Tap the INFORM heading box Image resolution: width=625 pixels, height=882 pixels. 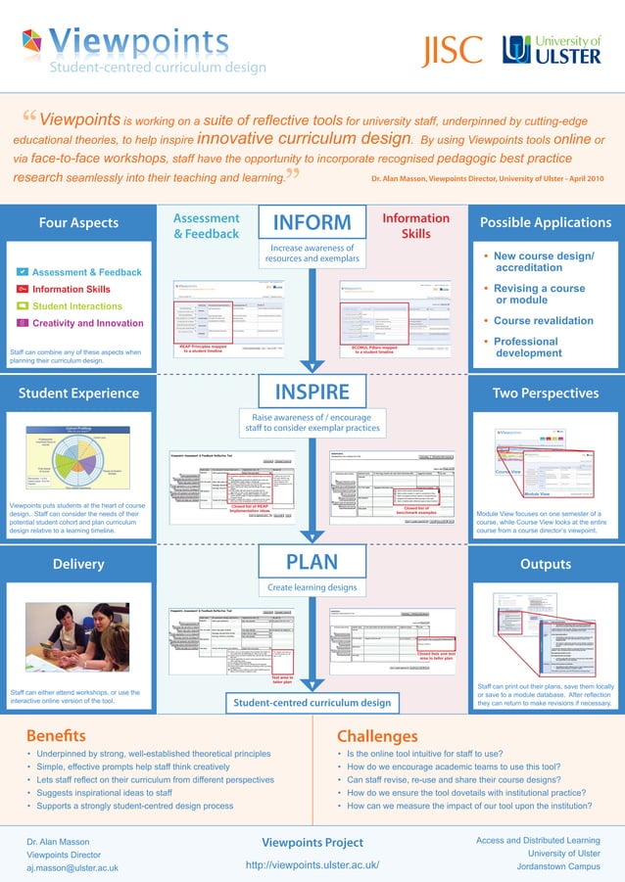click(312, 224)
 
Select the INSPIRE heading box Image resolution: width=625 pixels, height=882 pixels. click(312, 393)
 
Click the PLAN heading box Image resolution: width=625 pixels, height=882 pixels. click(312, 563)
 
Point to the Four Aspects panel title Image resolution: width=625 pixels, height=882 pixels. click(78, 223)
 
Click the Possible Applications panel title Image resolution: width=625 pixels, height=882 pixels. click(545, 223)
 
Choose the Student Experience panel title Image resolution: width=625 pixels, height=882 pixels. click(78, 394)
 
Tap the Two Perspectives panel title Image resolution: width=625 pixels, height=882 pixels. click(545, 394)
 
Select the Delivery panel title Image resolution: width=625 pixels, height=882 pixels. click(78, 564)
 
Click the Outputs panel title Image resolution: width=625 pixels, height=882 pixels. click(545, 564)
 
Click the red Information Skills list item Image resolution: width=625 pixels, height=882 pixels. click(71, 290)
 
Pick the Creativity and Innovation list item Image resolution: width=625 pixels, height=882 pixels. click(87, 323)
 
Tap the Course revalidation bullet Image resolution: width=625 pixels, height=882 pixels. click(544, 321)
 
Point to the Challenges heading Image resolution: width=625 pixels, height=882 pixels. click(377, 736)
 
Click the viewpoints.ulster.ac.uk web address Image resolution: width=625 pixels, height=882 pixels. click(312, 865)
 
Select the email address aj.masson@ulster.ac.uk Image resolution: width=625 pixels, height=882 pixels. click(72, 867)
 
